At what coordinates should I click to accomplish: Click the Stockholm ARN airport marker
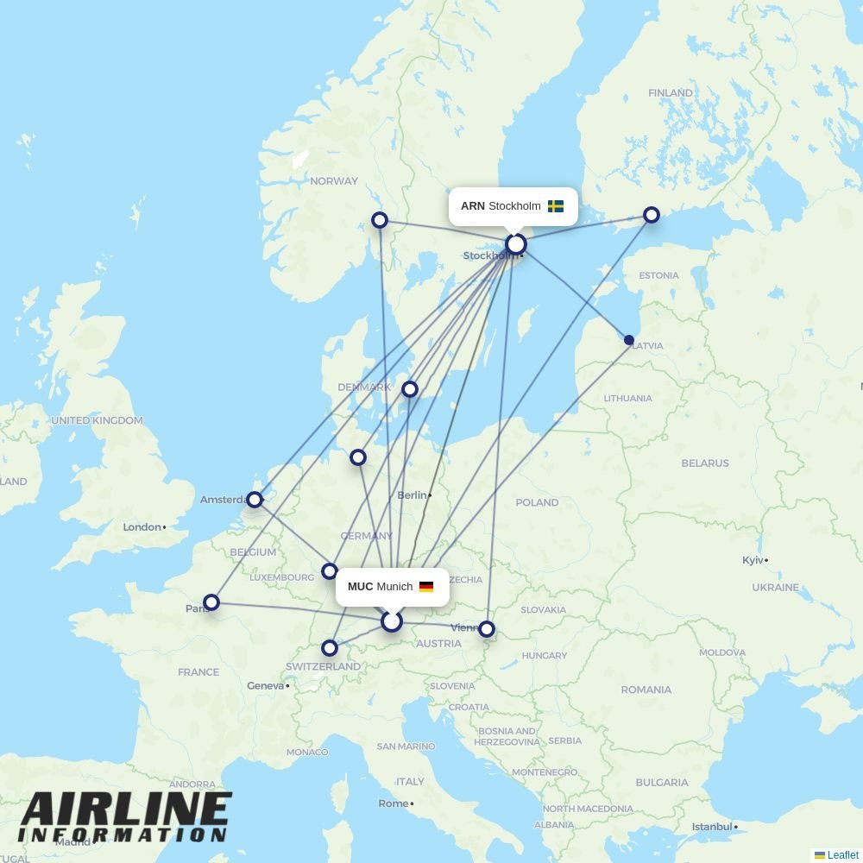point(516,244)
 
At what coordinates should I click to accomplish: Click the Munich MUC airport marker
point(392,621)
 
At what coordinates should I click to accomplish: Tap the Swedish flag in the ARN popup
point(556,206)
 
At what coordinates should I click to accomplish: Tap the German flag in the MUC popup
point(426,587)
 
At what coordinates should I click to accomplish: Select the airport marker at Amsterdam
point(254,499)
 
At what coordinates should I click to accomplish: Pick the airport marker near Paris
point(211,602)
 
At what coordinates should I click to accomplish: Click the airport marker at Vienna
point(487,629)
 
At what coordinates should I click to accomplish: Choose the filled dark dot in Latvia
point(629,340)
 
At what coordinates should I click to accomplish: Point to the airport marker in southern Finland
point(652,215)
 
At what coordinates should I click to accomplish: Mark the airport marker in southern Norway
point(379,220)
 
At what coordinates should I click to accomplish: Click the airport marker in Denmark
point(410,389)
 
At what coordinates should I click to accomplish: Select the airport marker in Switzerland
point(329,648)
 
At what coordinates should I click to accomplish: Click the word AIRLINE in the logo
point(125,810)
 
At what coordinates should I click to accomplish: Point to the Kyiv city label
point(752,560)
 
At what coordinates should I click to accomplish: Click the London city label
point(142,526)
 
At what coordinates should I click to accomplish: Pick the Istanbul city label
point(712,826)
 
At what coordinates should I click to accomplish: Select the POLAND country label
point(537,502)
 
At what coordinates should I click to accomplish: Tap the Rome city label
point(393,803)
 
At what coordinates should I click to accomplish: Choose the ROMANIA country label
point(646,690)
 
